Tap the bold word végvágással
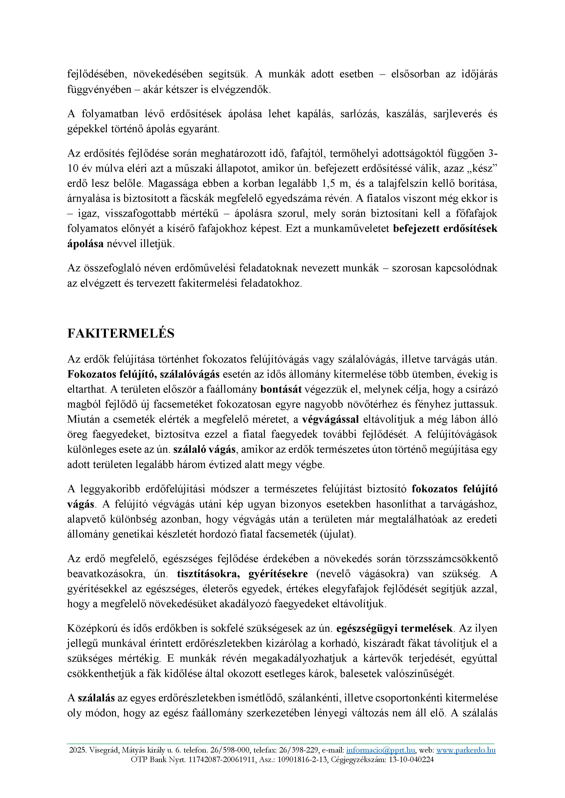[330, 419]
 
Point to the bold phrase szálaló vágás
[205, 450]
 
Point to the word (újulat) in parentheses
[338, 534]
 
